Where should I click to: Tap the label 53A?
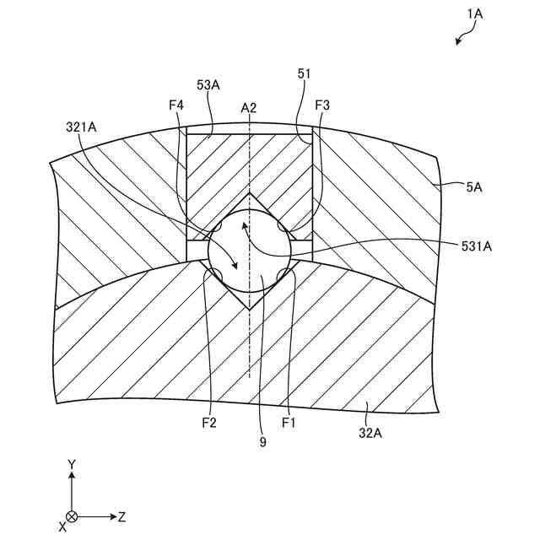pos(208,85)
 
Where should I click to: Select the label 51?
pos(305,74)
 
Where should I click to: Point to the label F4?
pos(175,105)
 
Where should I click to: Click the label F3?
pos(321,105)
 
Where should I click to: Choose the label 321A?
pos(82,127)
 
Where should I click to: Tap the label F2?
pos(209,423)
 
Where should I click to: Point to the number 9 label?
pos(262,441)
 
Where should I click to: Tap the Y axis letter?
pos(73,465)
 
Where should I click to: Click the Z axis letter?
pos(121,516)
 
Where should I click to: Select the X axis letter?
pos(62,526)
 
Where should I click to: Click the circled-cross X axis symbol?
pos(73,516)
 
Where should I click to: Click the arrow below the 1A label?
pos(462,38)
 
